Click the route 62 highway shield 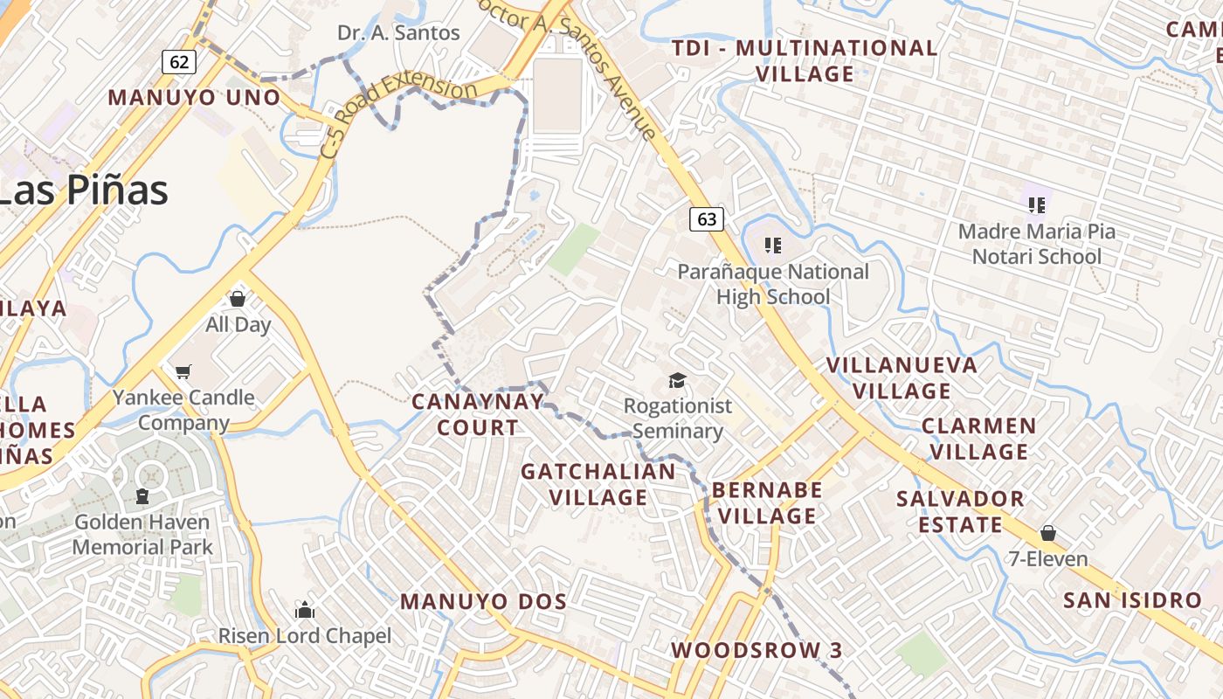click(x=179, y=61)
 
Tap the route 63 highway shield click(x=707, y=219)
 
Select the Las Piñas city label click(x=83, y=190)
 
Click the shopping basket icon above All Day click(x=237, y=299)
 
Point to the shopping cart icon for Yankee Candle click(x=183, y=372)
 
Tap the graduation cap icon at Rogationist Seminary click(x=677, y=380)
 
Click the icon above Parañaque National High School click(x=772, y=245)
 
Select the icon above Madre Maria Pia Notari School click(x=1037, y=205)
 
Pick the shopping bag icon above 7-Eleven click(x=1047, y=533)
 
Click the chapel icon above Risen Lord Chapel click(x=304, y=609)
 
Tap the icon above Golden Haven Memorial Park click(x=142, y=496)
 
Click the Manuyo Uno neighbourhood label click(x=194, y=97)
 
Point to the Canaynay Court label click(x=477, y=414)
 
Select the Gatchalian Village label click(x=598, y=484)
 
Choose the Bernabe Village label click(x=767, y=502)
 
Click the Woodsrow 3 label click(x=757, y=650)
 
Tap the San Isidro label click(x=1132, y=600)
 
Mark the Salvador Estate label click(x=960, y=511)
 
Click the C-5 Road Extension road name click(x=398, y=114)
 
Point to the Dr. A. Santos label click(x=398, y=33)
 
